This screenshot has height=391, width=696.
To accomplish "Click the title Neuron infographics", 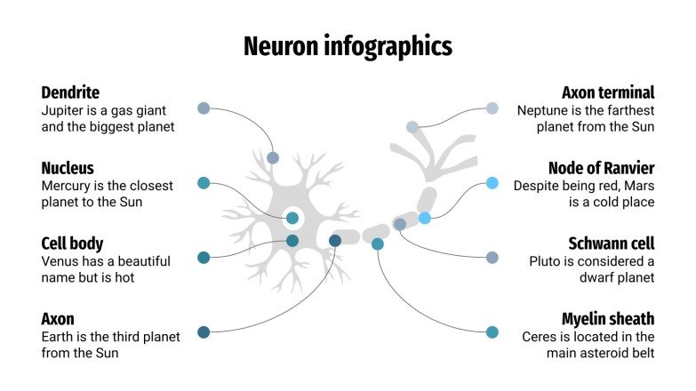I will pyautogui.click(x=348, y=46).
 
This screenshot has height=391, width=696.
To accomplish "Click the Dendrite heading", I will pyautogui.click(x=70, y=92).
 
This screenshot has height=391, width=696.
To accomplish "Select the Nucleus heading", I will pyautogui.click(x=68, y=168).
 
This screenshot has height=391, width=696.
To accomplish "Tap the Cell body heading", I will pyautogui.click(x=72, y=243).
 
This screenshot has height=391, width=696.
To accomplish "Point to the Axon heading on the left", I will pyautogui.click(x=58, y=319).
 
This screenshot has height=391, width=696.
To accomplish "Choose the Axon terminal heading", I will pyautogui.click(x=608, y=92).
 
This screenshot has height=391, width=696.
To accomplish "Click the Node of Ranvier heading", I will pyautogui.click(x=601, y=168).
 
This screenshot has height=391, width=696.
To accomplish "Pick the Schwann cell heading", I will pyautogui.click(x=611, y=243).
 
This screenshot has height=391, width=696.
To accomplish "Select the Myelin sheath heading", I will pyautogui.click(x=608, y=319).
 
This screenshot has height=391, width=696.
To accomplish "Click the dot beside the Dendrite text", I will pyautogui.click(x=204, y=108).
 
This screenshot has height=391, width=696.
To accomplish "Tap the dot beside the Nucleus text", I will pyautogui.click(x=204, y=183).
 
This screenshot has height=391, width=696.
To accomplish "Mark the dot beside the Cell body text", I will pyautogui.click(x=204, y=258).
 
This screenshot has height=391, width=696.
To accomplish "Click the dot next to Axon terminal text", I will pyautogui.click(x=492, y=108).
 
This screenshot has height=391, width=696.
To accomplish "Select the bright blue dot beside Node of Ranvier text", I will pyautogui.click(x=492, y=183).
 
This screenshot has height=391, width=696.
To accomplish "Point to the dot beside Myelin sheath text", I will pyautogui.click(x=492, y=332).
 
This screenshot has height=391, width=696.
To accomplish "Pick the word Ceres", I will pyautogui.click(x=541, y=337).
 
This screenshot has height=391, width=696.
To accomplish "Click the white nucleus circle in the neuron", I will pyautogui.click(x=292, y=218).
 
